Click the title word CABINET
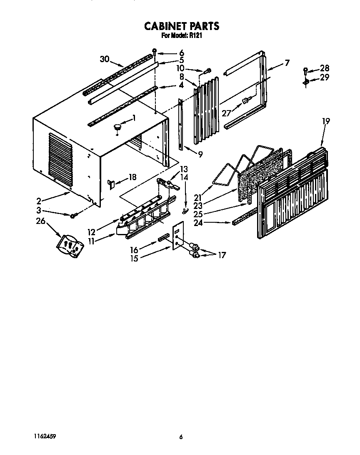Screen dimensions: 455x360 click(163, 26)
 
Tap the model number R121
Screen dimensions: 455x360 click(197, 36)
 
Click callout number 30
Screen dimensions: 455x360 click(105, 59)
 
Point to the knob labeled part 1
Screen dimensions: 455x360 click(118, 126)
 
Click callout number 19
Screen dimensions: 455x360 click(326, 121)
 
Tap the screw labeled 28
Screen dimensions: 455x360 click(305, 70)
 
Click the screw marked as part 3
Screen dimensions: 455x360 click(73, 215)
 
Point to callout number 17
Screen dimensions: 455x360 click(222, 255)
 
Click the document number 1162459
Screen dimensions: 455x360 click(45, 436)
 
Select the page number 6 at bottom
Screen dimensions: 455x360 click(181, 437)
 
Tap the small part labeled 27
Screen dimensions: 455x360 click(246, 101)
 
